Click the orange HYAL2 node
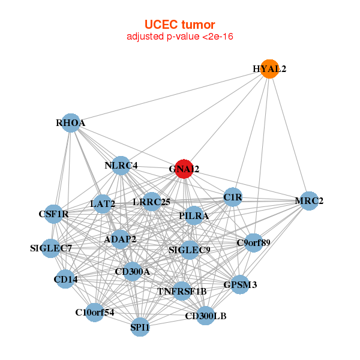pos(270,69)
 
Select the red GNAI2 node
pos(184,169)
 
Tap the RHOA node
pos(71,122)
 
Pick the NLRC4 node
pos(121,166)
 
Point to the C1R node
pos(232,197)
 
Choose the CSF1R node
pos(55,213)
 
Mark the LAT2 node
pos(103,204)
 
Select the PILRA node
pos(193,215)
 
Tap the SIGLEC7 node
pos(52,248)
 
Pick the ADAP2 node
pos(120,239)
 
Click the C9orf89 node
pos(254,243)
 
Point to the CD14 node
pos(65,278)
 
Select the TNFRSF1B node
pos(182,291)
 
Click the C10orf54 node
pos(94,312)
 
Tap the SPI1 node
pos(140,327)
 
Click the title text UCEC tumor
pos(180,25)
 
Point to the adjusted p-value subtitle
pos(180,37)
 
